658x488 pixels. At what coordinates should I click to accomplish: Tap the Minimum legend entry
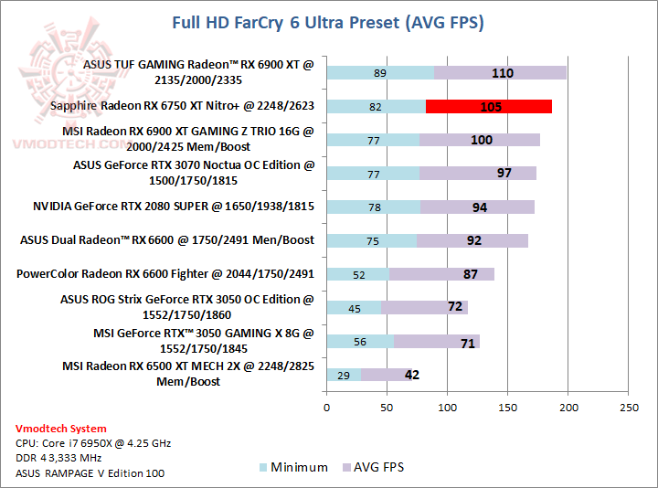coord(292,467)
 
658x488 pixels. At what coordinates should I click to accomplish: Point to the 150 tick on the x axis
coord(507,408)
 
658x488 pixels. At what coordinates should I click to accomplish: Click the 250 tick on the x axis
coord(628,408)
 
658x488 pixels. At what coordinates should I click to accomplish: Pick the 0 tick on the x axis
coord(326,408)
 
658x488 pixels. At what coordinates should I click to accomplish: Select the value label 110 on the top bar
coord(503,73)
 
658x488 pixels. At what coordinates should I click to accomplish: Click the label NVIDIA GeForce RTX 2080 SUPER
coord(173,207)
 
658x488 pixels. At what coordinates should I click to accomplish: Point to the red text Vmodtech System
coord(60,429)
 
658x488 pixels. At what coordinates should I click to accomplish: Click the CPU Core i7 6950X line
coord(92,443)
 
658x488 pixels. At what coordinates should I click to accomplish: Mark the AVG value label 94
coord(480,207)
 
